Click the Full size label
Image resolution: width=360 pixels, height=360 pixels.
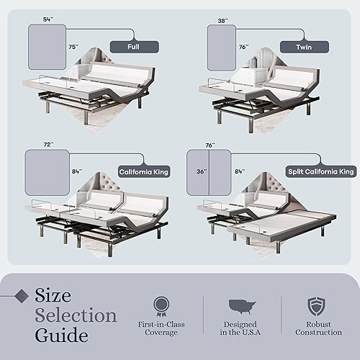pyautogui.click(x=133, y=48)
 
